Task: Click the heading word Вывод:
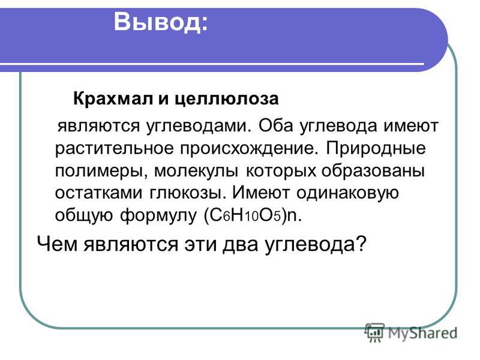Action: [161, 22]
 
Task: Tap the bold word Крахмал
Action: [113, 98]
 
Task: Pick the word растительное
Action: [114, 148]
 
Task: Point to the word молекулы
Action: [196, 171]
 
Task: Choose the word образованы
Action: [373, 170]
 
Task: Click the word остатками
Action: [98, 193]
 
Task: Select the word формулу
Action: [158, 216]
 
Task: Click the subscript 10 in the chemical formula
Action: [251, 217]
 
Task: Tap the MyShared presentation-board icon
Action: [374, 332]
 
